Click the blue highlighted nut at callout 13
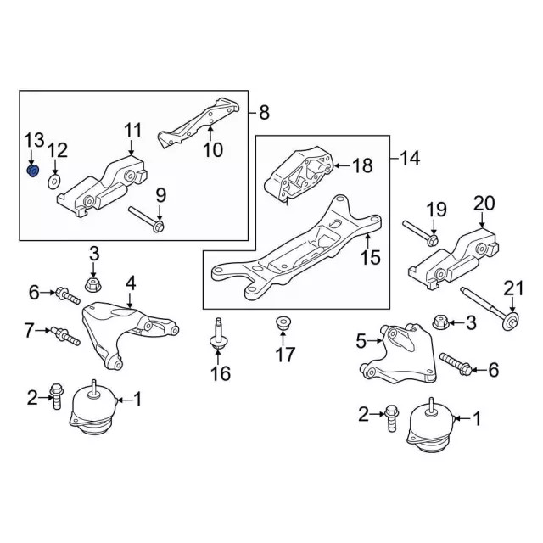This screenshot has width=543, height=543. click(33, 172)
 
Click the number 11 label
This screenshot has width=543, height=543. click(133, 131)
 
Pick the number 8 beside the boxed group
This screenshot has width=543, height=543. click(264, 111)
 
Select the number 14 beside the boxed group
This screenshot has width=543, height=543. click(410, 157)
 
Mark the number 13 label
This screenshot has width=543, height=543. click(33, 139)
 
